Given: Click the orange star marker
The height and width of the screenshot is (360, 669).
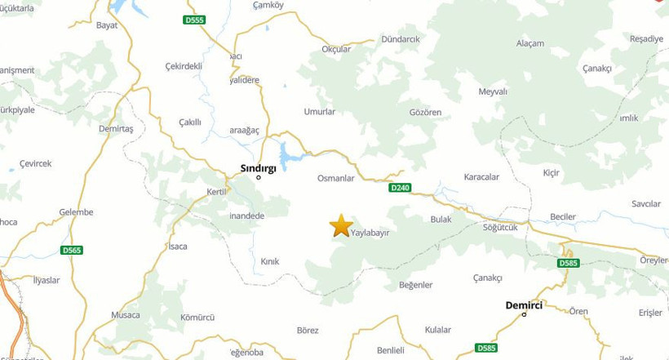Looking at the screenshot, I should click(341, 225).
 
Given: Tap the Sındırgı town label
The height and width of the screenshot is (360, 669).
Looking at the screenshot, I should click(258, 167).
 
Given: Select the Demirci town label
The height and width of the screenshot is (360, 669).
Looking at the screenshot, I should click(525, 304).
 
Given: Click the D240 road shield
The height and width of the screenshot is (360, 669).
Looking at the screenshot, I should click(400, 188).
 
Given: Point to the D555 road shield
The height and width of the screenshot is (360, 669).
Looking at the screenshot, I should click(194, 20).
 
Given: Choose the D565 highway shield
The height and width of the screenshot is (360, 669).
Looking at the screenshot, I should click(72, 250).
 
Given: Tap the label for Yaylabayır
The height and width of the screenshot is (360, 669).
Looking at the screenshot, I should click(370, 233).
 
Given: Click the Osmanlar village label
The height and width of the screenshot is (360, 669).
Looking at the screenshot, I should click(335, 178).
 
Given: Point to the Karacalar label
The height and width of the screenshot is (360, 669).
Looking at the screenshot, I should click(481, 177).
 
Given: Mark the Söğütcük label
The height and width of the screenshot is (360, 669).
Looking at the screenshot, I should click(500, 227).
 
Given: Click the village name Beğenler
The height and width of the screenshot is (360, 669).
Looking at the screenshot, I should click(415, 285).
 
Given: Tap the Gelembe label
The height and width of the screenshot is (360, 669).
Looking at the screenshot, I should click(77, 212).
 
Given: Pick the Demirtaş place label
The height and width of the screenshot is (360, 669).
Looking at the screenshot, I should click(115, 129).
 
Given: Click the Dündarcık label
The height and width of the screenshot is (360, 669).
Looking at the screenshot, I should click(400, 39).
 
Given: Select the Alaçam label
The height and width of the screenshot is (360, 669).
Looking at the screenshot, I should click(530, 43).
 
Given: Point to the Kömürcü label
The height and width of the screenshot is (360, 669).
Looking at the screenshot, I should click(197, 317).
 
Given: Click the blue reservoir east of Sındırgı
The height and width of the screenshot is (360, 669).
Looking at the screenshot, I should click(290, 153).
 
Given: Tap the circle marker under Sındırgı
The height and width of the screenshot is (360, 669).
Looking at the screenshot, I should click(259, 177).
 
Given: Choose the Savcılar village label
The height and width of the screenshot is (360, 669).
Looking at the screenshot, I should click(645, 203).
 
